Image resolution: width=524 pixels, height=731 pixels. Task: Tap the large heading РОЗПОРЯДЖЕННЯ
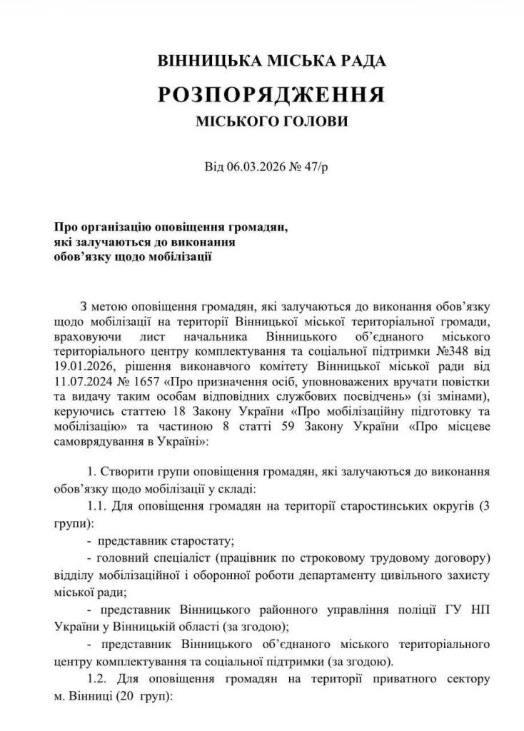click(272, 94)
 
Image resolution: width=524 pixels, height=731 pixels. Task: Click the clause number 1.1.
click(96, 506)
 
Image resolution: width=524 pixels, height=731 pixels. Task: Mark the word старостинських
click(346, 506)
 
